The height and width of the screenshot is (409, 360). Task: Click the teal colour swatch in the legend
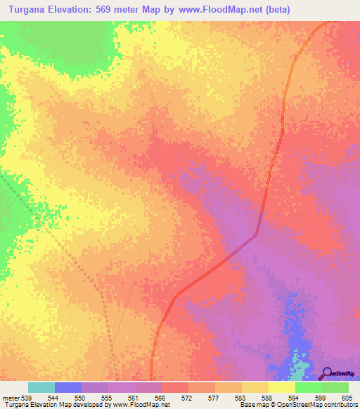click(x=41, y=387)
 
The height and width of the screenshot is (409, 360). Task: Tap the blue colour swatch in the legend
click(x=67, y=387)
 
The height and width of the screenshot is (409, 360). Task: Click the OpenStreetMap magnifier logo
click(x=328, y=373)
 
